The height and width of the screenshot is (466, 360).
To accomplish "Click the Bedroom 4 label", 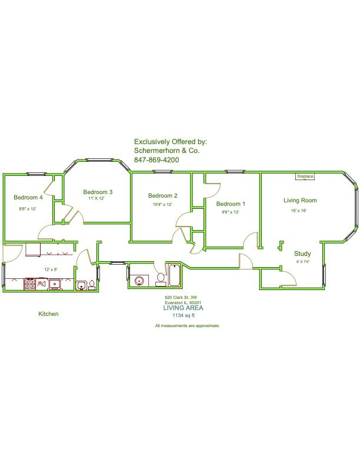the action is [28, 197].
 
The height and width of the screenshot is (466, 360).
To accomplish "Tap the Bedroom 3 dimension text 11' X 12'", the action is [96, 198].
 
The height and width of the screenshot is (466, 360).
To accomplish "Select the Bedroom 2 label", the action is [163, 195].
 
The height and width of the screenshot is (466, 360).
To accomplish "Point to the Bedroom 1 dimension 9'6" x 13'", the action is [231, 212].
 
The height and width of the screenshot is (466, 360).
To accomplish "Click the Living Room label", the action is [300, 201].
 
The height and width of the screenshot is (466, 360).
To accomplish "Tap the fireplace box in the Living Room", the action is [305, 177].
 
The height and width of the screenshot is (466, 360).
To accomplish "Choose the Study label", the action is [302, 254].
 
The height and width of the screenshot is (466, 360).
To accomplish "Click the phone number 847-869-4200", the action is [156, 160].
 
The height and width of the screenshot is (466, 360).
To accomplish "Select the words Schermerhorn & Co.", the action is [167, 151].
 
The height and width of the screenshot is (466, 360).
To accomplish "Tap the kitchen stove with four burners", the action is [29, 284].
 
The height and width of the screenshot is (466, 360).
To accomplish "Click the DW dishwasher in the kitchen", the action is [41, 284].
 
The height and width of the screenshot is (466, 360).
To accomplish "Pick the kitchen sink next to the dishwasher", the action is [54, 284].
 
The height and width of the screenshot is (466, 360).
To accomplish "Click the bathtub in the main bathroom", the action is [174, 275].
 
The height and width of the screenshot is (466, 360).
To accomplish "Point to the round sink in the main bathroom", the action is [139, 281].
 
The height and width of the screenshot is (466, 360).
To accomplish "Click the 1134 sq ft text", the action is [184, 315].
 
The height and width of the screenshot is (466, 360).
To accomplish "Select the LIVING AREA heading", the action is [184, 308].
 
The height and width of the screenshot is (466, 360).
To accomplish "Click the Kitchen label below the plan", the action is [48, 314].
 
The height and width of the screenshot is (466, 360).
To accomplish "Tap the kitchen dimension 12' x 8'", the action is [51, 269].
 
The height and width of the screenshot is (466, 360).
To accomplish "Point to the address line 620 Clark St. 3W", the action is [181, 297].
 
